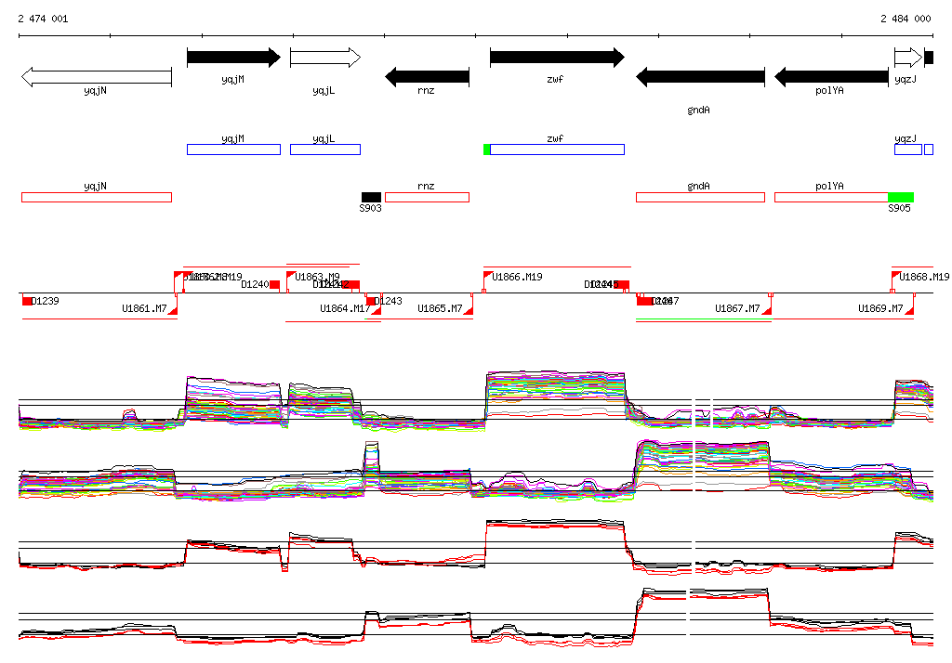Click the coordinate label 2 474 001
pos(43,19)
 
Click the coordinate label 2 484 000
pos(906,19)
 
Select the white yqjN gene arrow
pos(96,77)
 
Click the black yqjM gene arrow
pos(233,58)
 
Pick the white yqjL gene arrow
pos(324,58)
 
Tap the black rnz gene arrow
pos(427,77)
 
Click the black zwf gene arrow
pos(557,58)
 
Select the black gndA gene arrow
pos(700,77)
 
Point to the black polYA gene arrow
pos(831,77)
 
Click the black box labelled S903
pos(371,197)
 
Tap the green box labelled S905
pos(900,197)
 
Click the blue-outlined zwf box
pos(557,149)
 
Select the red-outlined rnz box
pos(427,197)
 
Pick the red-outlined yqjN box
pos(97,197)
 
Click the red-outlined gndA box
pos(700,197)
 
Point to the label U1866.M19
pos(517,277)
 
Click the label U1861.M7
pos(144,308)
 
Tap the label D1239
pos(45,301)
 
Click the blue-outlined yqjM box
pos(233,149)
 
